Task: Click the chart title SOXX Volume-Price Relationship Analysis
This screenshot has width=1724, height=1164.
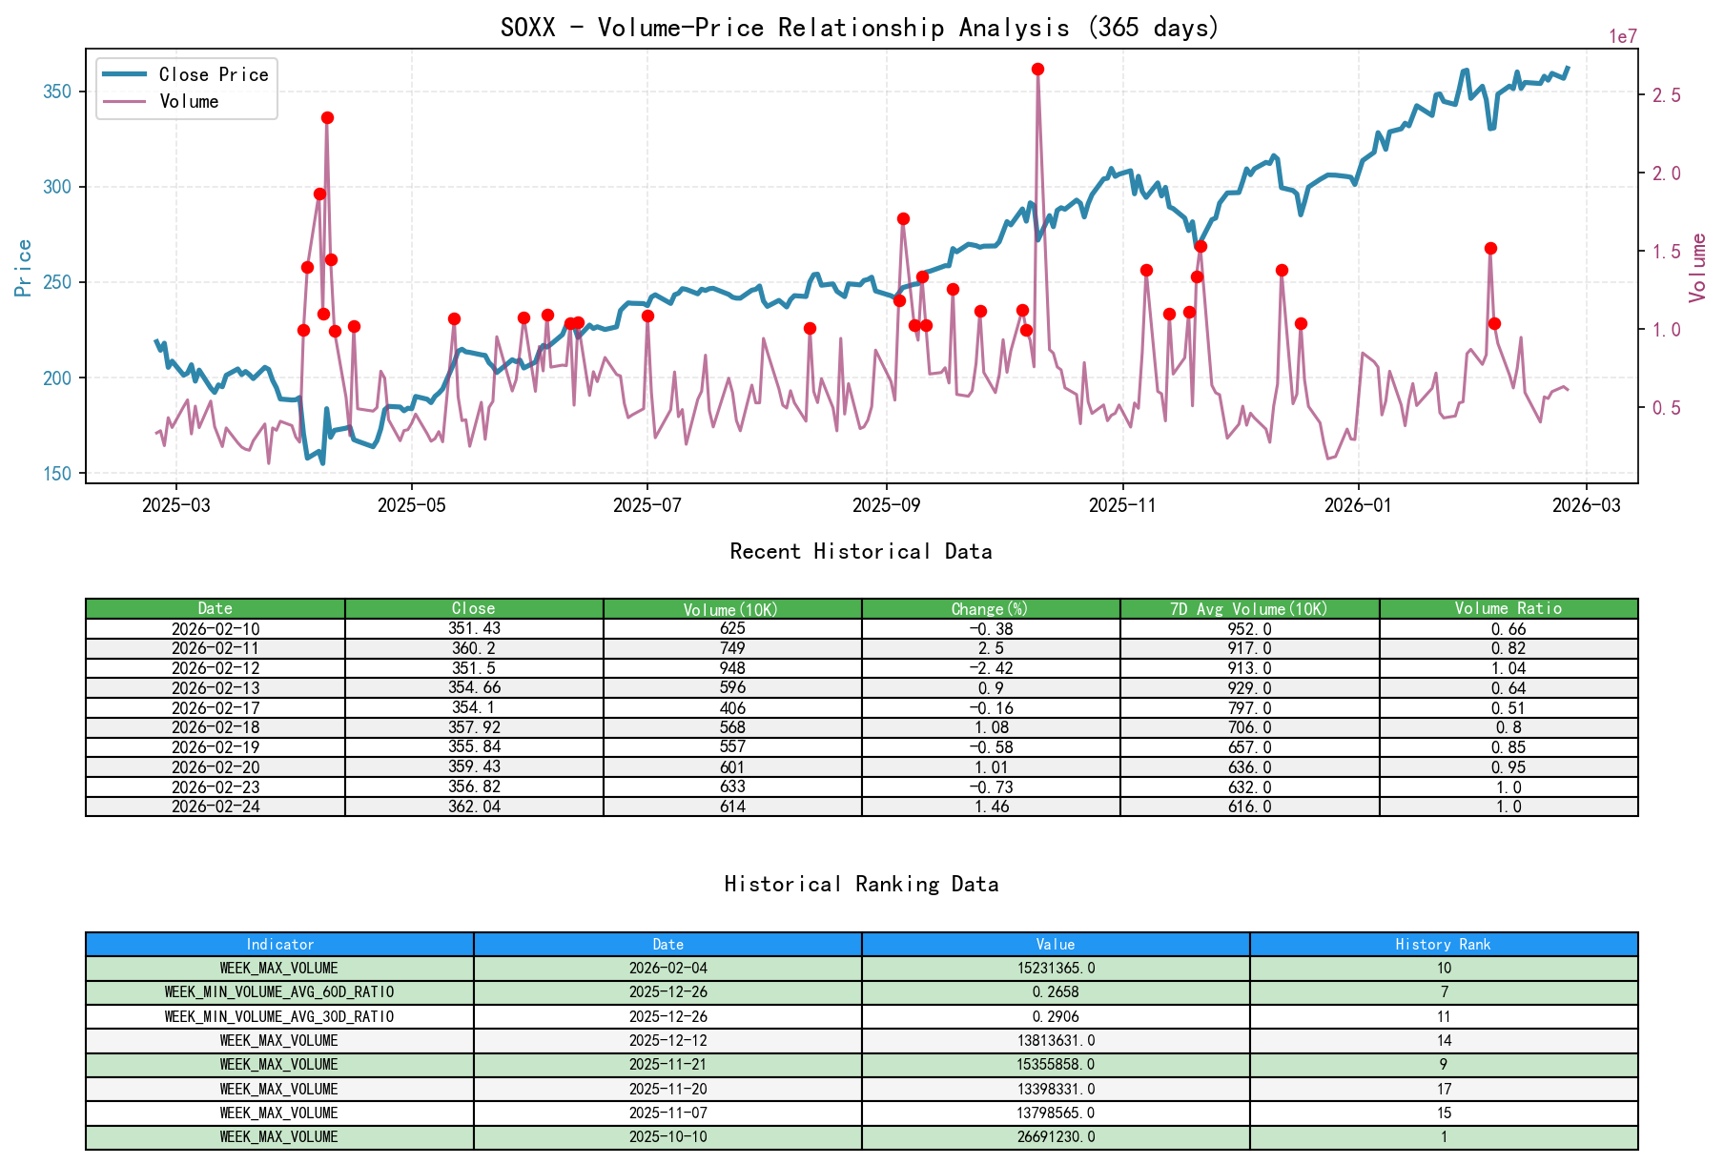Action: tap(860, 27)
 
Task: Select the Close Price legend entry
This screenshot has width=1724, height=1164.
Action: tap(213, 74)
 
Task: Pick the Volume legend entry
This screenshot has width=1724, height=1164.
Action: tap(189, 101)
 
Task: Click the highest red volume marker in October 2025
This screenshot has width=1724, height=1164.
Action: tap(1037, 69)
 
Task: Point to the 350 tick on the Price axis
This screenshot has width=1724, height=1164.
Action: tap(57, 92)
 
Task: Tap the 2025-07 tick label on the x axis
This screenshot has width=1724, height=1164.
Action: tap(646, 505)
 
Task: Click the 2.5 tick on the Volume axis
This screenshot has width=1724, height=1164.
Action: tap(1665, 95)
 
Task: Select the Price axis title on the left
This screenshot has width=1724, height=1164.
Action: tap(24, 268)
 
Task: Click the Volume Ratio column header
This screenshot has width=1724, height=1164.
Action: tap(1508, 608)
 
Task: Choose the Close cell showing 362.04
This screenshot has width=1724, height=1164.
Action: tap(474, 807)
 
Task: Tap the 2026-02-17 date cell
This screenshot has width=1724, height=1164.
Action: tap(215, 707)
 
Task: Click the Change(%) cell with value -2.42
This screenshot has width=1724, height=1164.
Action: tap(991, 668)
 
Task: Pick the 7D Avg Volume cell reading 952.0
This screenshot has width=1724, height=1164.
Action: tap(1249, 629)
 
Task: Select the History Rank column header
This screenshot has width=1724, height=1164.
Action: tap(1443, 944)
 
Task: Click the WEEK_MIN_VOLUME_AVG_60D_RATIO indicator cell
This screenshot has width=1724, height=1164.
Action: tap(279, 992)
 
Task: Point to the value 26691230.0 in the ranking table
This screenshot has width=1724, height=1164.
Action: tap(1056, 1136)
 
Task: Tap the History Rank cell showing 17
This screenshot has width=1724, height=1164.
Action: tap(1443, 1089)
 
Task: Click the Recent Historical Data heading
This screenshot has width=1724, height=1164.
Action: tap(860, 551)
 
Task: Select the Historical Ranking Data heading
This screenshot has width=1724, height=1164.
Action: tap(860, 884)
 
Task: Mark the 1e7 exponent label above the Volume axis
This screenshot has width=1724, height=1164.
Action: tap(1623, 36)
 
